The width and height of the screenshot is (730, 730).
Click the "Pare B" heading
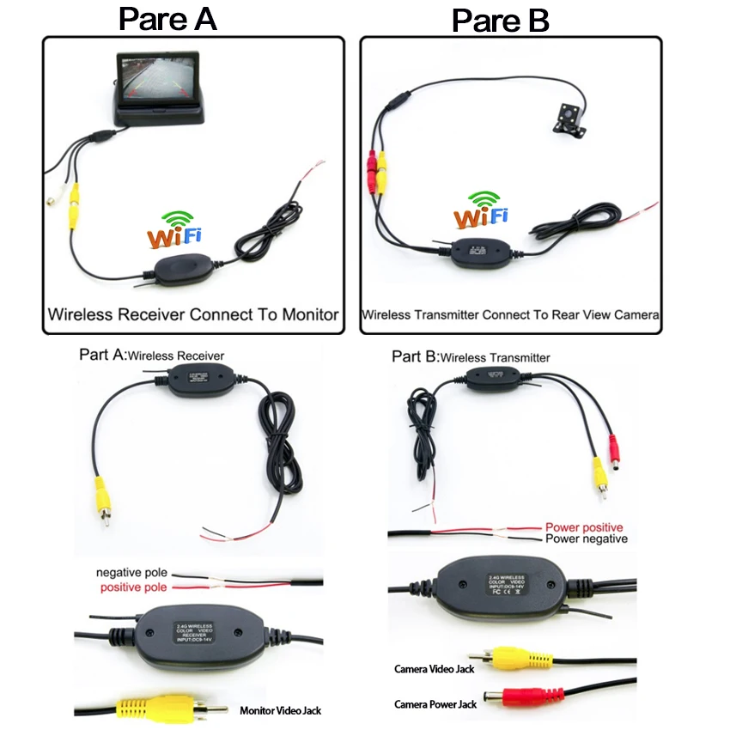click(501, 21)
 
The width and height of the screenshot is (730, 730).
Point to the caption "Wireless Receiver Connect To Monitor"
click(193, 314)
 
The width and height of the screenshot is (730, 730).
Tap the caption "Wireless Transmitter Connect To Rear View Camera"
click(510, 315)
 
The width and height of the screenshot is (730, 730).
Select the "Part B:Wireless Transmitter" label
click(471, 356)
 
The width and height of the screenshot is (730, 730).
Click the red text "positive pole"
click(133, 587)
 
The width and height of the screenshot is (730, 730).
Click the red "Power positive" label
click(584, 526)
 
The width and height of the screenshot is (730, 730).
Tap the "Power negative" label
click(586, 539)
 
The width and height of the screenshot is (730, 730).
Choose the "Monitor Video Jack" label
click(280, 710)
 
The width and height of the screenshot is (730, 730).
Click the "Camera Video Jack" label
click(435, 668)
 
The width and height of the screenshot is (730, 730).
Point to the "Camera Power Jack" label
click(435, 704)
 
